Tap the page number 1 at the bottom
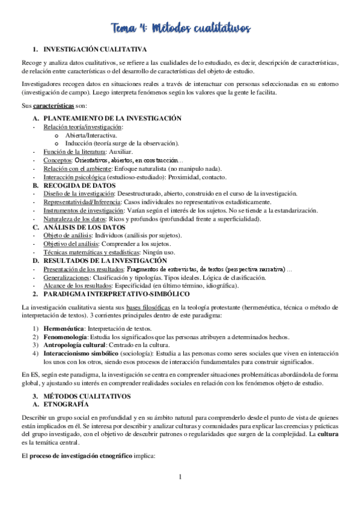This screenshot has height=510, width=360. pyautogui.click(x=180, y=494)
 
